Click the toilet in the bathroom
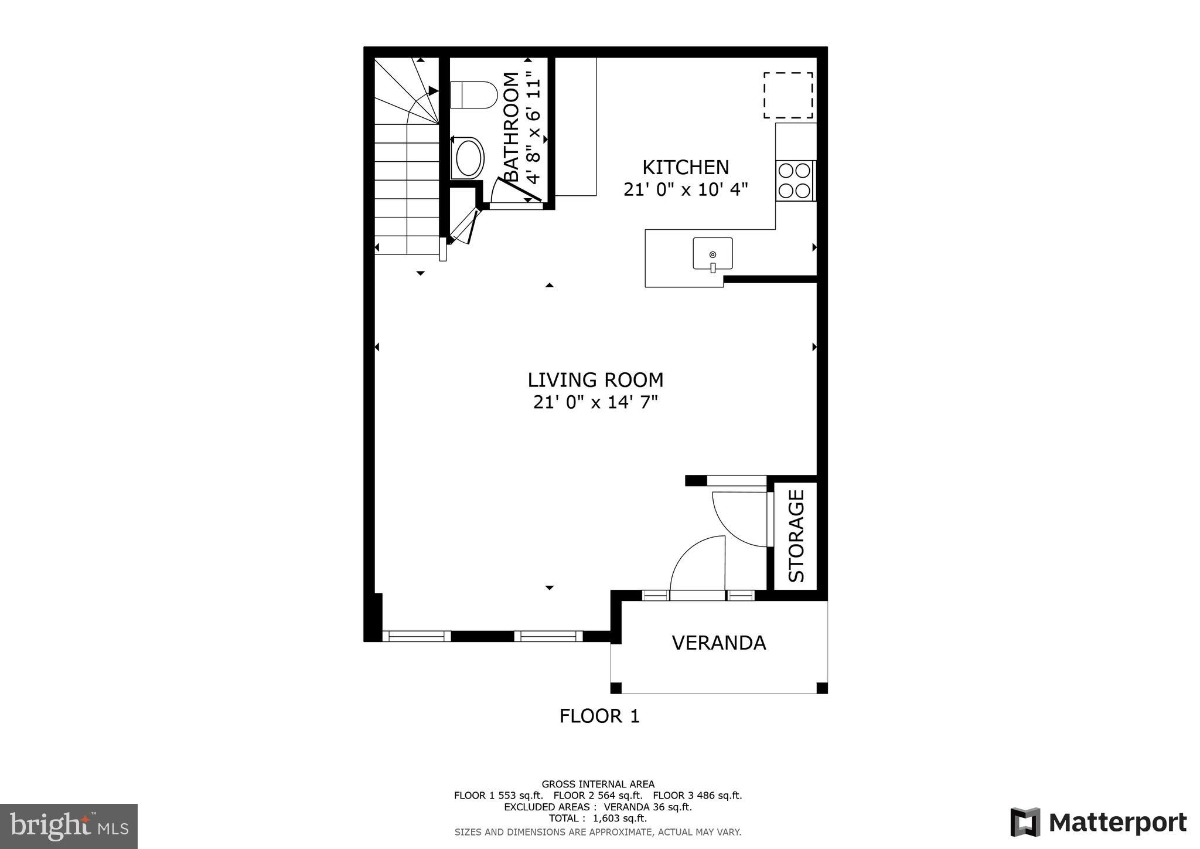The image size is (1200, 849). pyautogui.click(x=473, y=94)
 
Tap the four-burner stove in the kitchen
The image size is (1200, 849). pyautogui.click(x=795, y=181)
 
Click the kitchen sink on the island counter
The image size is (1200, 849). pyautogui.click(x=712, y=253)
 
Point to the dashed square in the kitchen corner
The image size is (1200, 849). pyautogui.click(x=787, y=95)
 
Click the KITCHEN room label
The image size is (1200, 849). pyautogui.click(x=686, y=168)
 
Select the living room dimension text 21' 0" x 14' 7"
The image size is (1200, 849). pyautogui.click(x=595, y=403)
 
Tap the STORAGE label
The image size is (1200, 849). pyautogui.click(x=796, y=535)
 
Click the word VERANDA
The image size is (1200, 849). pyautogui.click(x=718, y=643)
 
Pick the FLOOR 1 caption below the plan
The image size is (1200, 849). pyautogui.click(x=599, y=716)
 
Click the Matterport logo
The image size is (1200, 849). pyautogui.click(x=1098, y=823)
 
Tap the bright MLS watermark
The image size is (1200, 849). pyautogui.click(x=69, y=826)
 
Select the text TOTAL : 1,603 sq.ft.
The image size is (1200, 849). pyautogui.click(x=597, y=819)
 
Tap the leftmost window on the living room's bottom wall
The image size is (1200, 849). pyautogui.click(x=417, y=636)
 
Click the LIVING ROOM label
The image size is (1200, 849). pyautogui.click(x=595, y=380)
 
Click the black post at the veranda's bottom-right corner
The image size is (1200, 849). pyautogui.click(x=821, y=688)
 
